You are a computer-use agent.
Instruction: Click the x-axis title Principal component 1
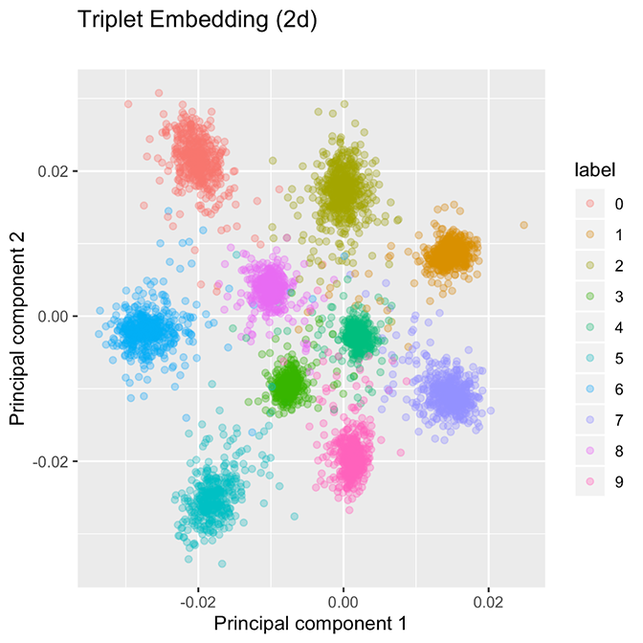pyautogui.click(x=311, y=622)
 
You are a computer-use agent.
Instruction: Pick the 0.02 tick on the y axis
pyautogui.click(x=52, y=171)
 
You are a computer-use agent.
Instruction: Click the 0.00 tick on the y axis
pyautogui.click(x=52, y=317)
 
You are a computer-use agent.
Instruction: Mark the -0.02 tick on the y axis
pyautogui.click(x=50, y=462)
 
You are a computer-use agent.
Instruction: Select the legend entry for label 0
pyautogui.click(x=590, y=204)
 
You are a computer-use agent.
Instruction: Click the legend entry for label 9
pyautogui.click(x=590, y=482)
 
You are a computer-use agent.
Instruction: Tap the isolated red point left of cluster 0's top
pyautogui.click(x=128, y=103)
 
